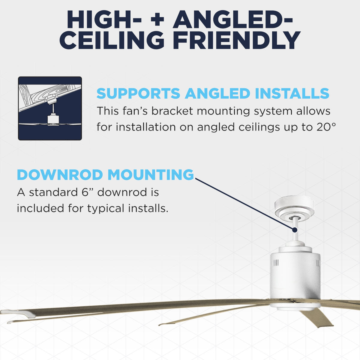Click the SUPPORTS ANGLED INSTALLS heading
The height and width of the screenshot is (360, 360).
213,94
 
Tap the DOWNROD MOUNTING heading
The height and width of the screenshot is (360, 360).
105,175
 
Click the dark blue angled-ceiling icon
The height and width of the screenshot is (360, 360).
50,108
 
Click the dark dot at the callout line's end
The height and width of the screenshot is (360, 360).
295,230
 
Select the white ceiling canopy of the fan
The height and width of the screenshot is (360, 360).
294,207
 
